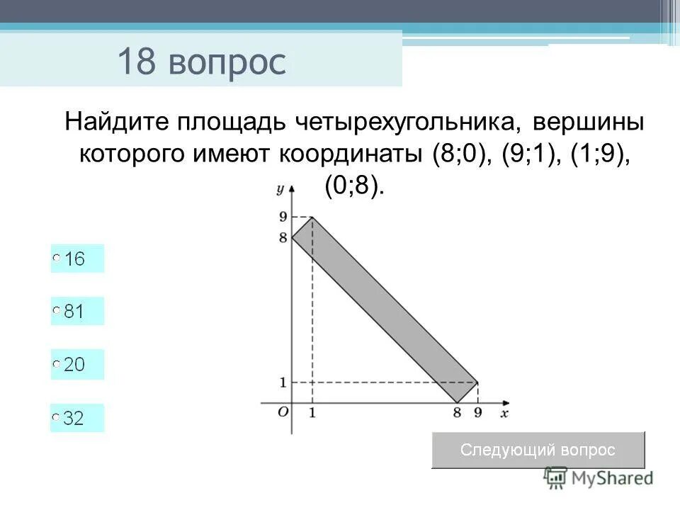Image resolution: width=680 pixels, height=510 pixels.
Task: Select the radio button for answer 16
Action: [57, 259]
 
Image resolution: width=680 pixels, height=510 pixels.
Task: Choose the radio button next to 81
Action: [57, 312]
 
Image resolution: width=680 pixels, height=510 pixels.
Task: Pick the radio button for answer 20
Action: [57, 365]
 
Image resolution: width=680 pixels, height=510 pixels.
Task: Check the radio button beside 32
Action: [57, 419]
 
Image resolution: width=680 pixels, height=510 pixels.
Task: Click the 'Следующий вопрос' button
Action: [538, 450]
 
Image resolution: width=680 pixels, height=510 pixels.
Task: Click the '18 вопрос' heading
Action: [202, 62]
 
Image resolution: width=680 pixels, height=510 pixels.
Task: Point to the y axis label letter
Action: [280, 188]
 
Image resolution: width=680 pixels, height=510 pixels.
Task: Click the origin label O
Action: [282, 412]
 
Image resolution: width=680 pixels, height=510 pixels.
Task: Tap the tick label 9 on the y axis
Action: [283, 217]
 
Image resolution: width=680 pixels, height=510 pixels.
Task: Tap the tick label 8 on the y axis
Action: [283, 238]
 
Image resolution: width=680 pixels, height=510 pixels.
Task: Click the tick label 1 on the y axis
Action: [283, 382]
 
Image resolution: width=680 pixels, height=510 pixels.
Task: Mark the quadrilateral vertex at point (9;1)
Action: [477, 382]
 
